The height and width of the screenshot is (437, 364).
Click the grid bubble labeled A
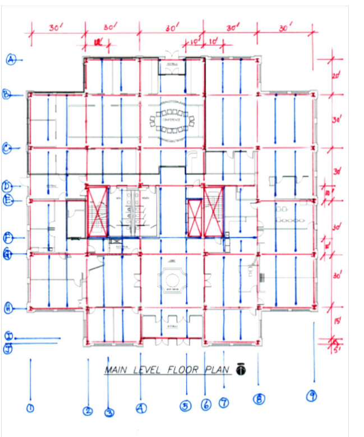(11, 60)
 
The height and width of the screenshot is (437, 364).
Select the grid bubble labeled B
(7, 95)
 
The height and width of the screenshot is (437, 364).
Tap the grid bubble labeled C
(7, 148)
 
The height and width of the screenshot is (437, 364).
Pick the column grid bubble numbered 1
(30, 407)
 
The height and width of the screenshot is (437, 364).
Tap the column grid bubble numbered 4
(141, 408)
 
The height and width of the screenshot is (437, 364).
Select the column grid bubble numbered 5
(186, 406)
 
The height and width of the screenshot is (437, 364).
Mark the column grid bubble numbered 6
(206, 404)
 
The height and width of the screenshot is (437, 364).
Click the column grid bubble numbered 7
(224, 403)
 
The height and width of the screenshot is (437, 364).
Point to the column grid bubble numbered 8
(259, 399)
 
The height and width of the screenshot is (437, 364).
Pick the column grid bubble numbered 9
(312, 397)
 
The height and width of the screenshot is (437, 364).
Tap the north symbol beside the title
(240, 368)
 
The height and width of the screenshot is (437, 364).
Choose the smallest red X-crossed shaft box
(194, 217)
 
